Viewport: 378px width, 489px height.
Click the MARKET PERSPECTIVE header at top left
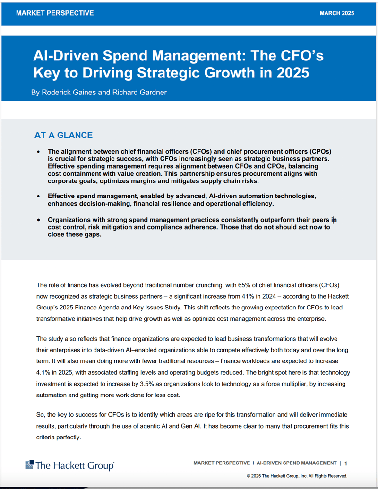55,13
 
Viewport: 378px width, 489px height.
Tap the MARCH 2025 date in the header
336,13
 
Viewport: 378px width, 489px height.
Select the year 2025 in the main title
293,73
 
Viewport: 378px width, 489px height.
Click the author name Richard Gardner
139,93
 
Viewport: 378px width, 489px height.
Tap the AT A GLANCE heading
63,135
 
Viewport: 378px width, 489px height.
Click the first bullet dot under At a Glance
39,152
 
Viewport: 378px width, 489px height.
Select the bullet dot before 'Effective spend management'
39,196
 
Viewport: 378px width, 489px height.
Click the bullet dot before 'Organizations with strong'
39,220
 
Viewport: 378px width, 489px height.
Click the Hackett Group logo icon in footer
29,464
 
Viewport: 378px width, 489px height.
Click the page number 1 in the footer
346,463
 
